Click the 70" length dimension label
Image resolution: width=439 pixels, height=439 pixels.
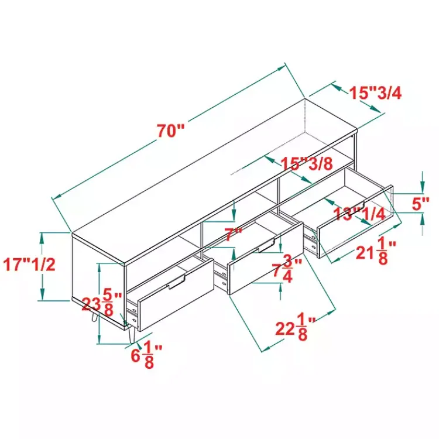(x=170, y=131)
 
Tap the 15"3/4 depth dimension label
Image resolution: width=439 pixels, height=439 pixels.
(x=375, y=93)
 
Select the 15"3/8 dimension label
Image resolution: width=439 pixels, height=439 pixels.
(x=307, y=163)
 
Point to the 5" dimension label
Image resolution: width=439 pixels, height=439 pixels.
(x=420, y=204)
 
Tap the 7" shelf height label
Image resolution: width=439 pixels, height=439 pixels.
(x=233, y=235)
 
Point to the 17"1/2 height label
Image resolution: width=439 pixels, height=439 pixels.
(x=29, y=265)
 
